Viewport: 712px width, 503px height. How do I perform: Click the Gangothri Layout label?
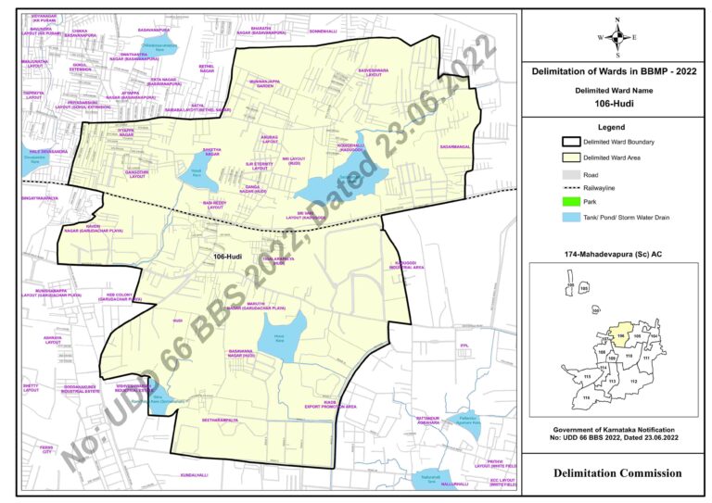click(x=137, y=173)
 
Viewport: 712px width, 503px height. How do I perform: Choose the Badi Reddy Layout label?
click(x=215, y=205)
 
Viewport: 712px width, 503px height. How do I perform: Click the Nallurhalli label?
click(x=431, y=484)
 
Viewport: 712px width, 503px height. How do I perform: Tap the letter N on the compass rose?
click(x=617, y=19)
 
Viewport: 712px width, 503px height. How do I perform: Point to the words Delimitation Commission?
click(x=617, y=473)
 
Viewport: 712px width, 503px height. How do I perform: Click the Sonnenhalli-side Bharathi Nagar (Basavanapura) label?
click(x=261, y=31)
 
